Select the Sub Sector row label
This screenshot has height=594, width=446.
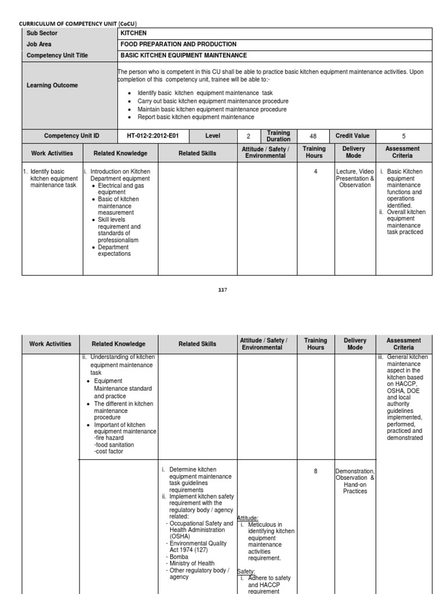(x=42, y=33)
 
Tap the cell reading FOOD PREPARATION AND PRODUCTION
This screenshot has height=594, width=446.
(x=178, y=44)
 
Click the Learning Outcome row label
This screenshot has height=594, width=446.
(x=52, y=85)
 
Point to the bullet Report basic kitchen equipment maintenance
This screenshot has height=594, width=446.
(x=196, y=117)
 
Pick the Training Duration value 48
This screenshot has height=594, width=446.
(x=313, y=136)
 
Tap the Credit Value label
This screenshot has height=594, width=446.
(x=352, y=136)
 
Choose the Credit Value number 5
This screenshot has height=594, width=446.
(x=404, y=136)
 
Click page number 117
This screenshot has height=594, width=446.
(x=223, y=290)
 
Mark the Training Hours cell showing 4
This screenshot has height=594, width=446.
(x=315, y=172)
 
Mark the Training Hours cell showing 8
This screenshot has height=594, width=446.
(x=315, y=471)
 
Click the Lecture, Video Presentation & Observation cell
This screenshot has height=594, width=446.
(x=355, y=178)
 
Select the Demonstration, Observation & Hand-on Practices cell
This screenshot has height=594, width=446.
(x=355, y=481)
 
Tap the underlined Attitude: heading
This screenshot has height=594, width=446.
(x=248, y=518)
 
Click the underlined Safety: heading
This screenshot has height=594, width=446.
(x=246, y=571)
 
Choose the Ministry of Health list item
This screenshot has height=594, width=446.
(x=192, y=563)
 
